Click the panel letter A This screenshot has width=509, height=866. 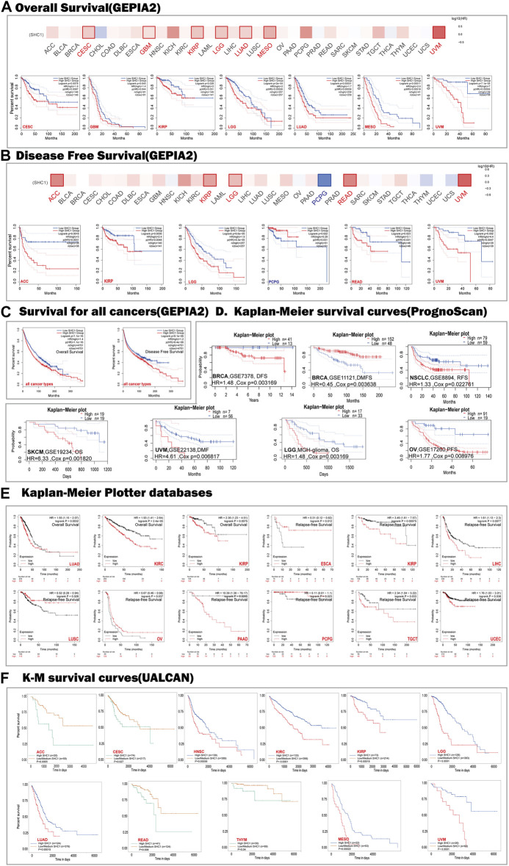[x=7, y=8]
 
